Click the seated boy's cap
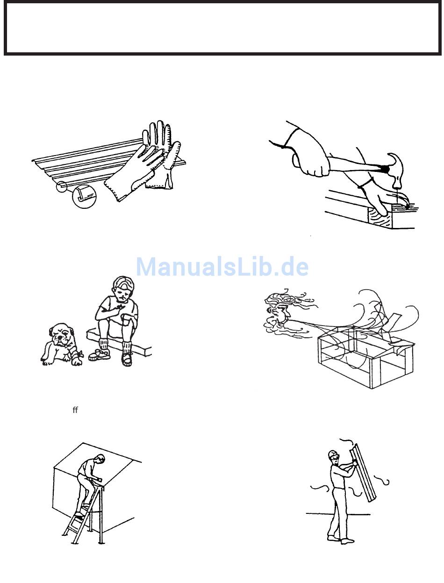click(x=124, y=283)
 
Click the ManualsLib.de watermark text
click(x=222, y=266)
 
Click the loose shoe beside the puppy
click(x=99, y=354)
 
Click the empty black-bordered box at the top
click(x=222, y=28)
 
